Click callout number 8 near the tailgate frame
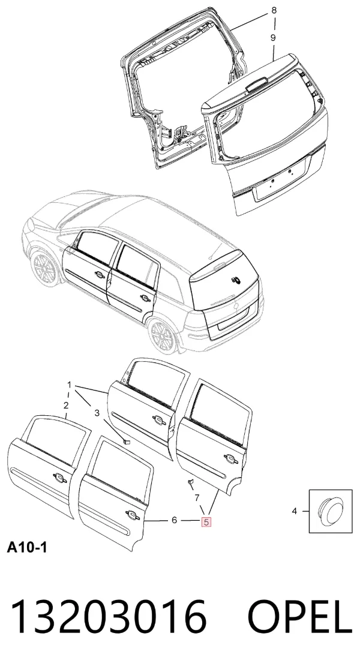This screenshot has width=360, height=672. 274,11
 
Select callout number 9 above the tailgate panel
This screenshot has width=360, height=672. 273,38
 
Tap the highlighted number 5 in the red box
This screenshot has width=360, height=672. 206,522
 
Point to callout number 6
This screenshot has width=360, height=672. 174,520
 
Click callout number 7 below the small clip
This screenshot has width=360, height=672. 197,498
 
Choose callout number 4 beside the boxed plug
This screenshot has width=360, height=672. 295,511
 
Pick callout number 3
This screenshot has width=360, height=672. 97,413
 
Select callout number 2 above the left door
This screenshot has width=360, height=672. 66,406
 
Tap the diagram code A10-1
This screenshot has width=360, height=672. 26,547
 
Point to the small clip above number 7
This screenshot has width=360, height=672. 190,484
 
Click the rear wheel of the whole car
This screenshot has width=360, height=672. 162,335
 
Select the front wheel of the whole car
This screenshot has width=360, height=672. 44,269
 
